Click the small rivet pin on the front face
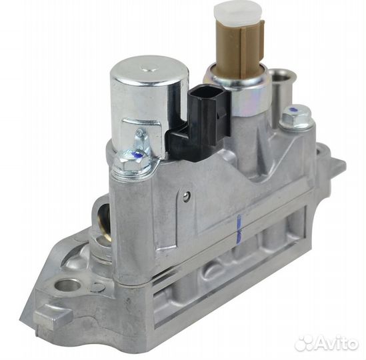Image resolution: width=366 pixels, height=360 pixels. tap(188, 195)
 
